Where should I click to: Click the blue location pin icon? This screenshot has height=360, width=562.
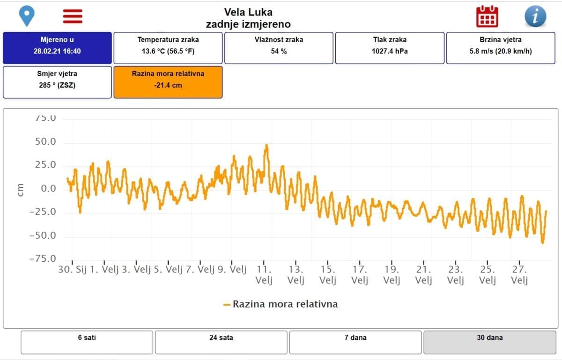(x=27, y=16)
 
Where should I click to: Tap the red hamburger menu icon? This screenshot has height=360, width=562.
(x=73, y=16)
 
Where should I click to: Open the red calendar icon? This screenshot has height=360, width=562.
(x=487, y=17)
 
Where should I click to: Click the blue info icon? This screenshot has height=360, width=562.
(x=535, y=17)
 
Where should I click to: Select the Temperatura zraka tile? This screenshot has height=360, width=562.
(x=168, y=48)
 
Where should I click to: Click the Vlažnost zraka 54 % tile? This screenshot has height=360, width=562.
(x=279, y=48)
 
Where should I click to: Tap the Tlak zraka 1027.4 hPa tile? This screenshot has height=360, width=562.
(x=390, y=48)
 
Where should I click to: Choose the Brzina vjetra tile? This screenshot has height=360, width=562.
(x=501, y=48)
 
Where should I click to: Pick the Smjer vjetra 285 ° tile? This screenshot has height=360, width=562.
(x=57, y=82)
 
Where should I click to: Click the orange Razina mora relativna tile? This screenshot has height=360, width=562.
(x=168, y=82)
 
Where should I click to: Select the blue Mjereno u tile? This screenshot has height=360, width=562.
(x=57, y=48)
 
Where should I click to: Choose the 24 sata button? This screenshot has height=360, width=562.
(x=221, y=342)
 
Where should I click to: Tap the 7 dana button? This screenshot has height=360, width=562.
(x=355, y=342)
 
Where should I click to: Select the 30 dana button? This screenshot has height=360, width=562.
(x=489, y=342)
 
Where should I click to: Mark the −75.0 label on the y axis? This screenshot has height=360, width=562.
(x=43, y=259)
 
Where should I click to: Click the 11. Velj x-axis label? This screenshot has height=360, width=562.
(x=264, y=275)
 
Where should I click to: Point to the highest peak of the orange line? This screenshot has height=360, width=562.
(x=266, y=145)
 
